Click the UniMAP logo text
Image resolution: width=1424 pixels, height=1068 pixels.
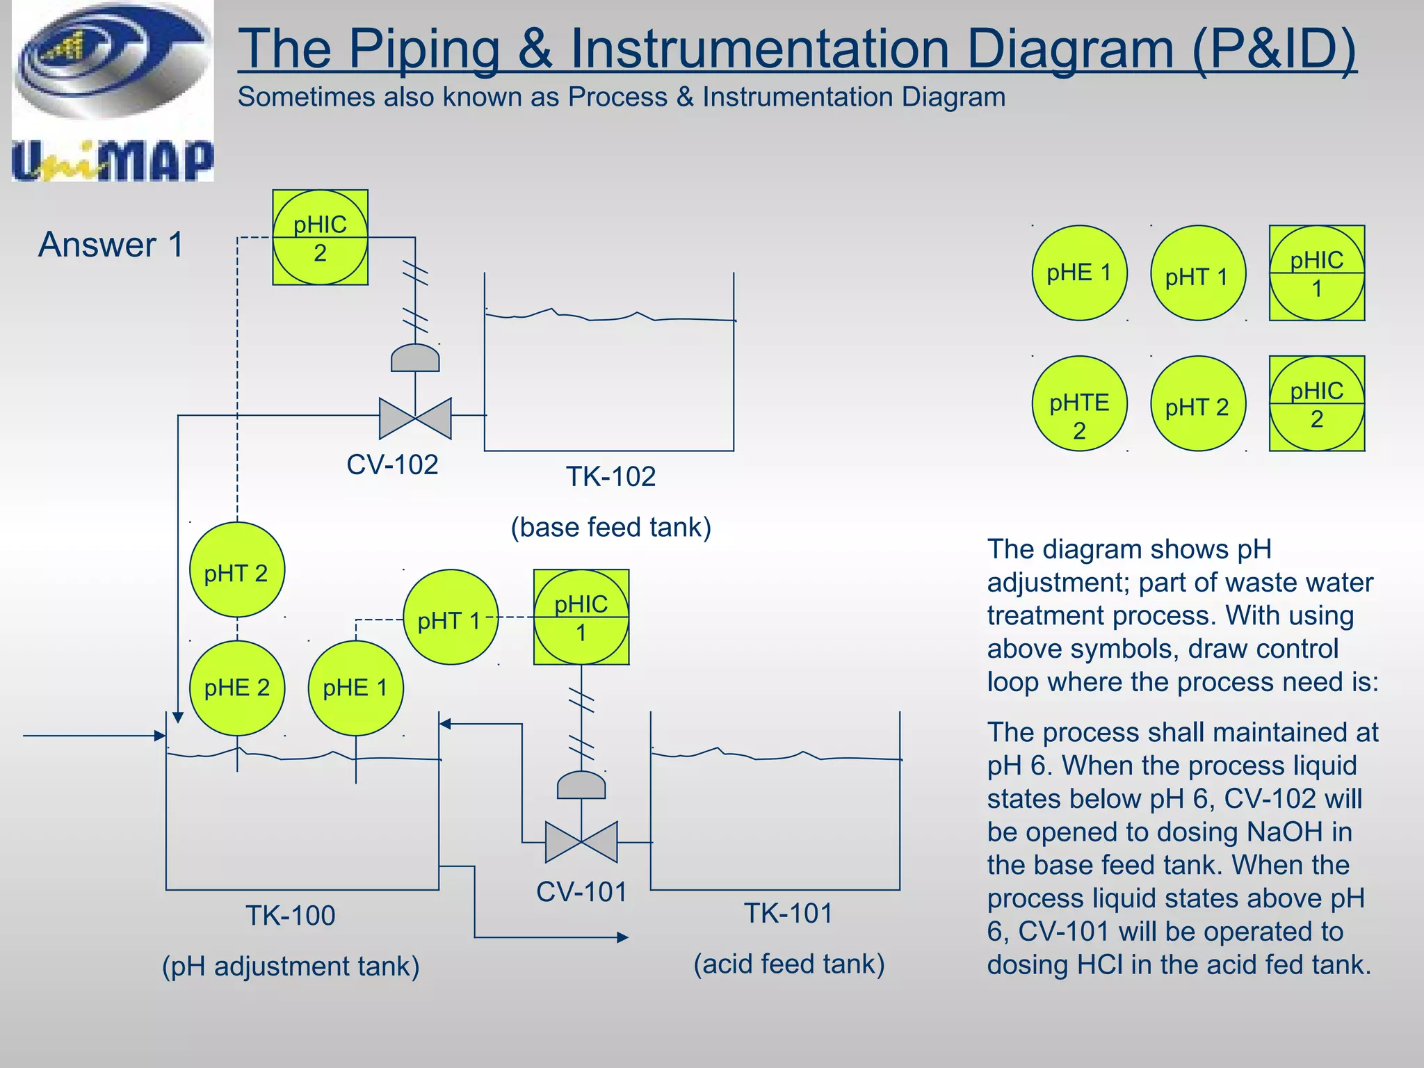113,161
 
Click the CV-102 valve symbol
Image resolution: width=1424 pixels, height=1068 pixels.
415,417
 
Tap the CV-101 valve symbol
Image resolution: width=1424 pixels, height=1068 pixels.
581,842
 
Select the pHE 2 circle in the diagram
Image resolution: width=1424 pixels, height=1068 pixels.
237,688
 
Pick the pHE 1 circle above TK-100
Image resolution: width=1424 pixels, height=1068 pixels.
355,688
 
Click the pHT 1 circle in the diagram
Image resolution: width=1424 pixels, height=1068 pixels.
451,617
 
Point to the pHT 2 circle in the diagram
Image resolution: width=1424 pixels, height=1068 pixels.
237,570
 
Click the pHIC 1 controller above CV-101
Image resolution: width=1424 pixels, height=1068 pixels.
581,617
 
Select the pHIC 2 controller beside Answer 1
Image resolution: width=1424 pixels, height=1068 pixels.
320,238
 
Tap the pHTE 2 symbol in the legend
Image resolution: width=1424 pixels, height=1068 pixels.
1079,404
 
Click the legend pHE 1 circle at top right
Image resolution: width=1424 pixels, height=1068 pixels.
1079,273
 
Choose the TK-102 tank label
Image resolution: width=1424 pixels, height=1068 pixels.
610,477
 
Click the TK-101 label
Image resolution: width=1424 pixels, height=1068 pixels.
788,913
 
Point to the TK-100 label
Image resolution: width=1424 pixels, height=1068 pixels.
291,915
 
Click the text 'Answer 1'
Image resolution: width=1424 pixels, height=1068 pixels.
111,245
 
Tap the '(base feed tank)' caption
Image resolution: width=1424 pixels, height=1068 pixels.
610,527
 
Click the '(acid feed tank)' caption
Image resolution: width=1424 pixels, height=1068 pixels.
788,964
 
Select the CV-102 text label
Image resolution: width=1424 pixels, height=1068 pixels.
392,464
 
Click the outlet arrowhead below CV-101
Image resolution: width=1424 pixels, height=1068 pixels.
622,937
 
